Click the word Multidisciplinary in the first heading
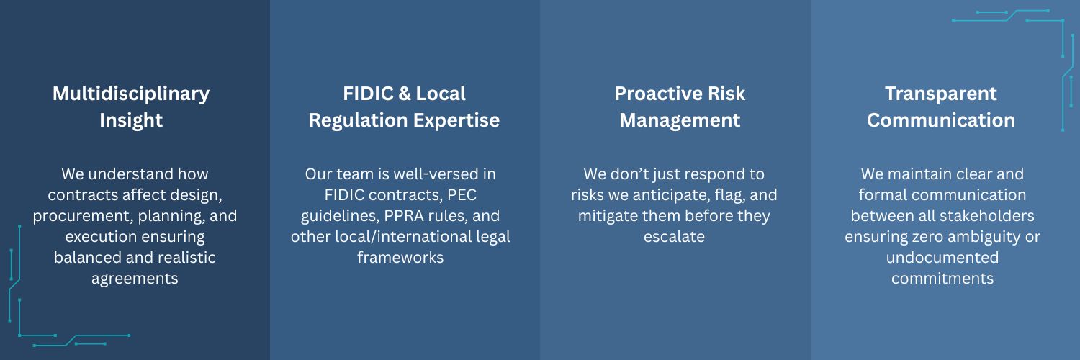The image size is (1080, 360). pos(130,94)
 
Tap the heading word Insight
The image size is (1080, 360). pos(130,121)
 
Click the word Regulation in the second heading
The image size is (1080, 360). pos(358,121)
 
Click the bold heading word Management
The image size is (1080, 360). pos(680,121)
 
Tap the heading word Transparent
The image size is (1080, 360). pos(940,94)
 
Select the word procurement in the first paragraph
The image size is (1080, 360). pos(83,216)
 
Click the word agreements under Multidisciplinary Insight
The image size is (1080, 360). pos(135,279)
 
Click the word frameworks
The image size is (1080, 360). pos(400,257)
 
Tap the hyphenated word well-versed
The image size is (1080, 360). pos(431,174)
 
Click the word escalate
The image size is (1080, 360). pos(674,237)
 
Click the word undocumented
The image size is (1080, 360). pos(942,257)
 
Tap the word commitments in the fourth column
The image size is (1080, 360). pos(942,279)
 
